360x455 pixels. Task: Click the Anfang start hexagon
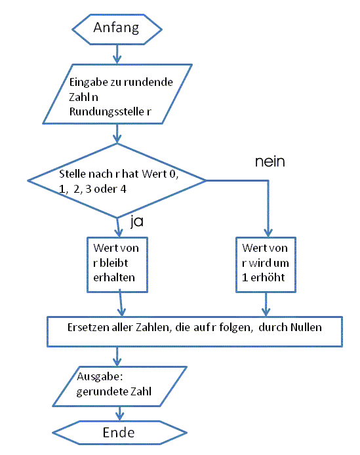(116, 28)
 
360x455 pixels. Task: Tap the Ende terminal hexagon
(119, 433)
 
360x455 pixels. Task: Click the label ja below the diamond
(137, 222)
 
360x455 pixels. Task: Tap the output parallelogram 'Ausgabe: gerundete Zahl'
(118, 387)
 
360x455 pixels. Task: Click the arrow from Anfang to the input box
(117, 53)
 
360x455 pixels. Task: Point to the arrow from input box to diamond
(117, 134)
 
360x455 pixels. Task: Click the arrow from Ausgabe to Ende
(119, 412)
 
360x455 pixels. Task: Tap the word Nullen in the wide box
(306, 326)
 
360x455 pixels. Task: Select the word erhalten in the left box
(114, 277)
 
